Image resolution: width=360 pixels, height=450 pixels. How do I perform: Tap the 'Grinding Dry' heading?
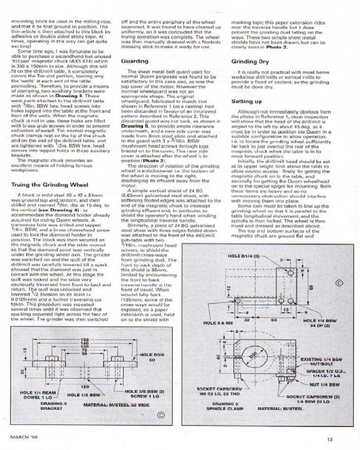pyautogui.click(x=250, y=61)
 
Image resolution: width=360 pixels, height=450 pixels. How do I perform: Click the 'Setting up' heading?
pyautogui.click(x=246, y=102)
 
